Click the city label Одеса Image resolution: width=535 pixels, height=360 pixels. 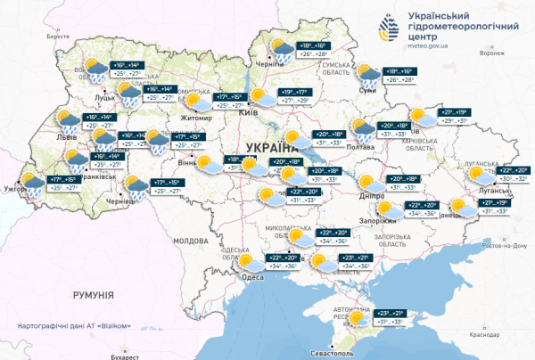coord(253,276)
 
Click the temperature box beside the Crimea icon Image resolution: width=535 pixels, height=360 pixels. coord(392,317)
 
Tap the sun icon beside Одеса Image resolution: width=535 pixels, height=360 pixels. coord(244,261)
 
